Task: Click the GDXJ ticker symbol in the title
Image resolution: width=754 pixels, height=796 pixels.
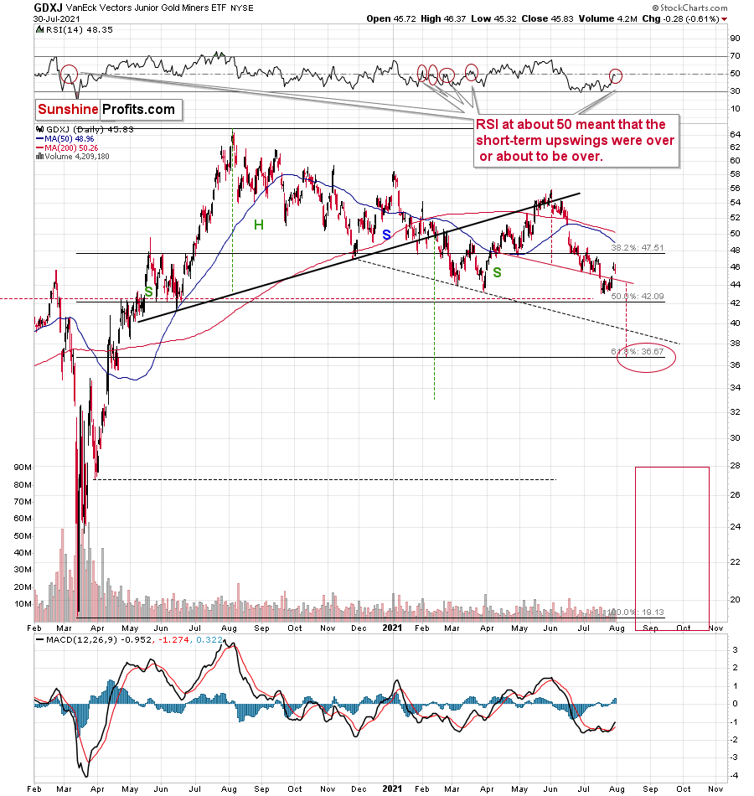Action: click(x=47, y=6)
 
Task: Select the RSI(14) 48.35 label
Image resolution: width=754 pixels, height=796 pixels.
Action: click(x=66, y=28)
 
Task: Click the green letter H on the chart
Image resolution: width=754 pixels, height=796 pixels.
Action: click(x=259, y=224)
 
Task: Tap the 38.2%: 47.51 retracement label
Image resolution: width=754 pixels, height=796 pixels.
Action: click(x=636, y=248)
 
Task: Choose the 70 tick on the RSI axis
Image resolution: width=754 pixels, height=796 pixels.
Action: click(x=734, y=56)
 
